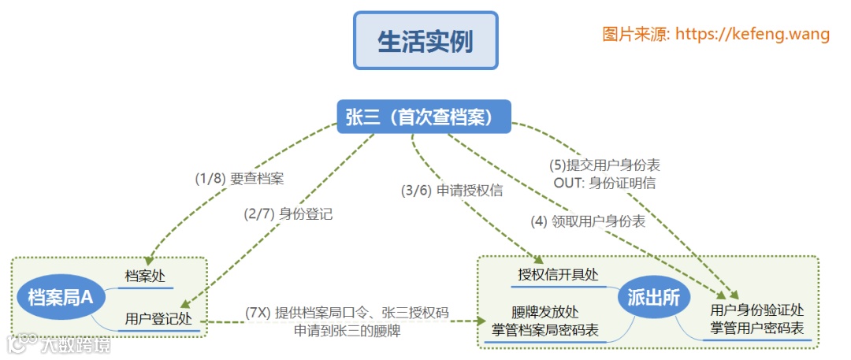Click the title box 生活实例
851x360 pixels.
425,41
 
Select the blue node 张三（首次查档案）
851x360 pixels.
424,117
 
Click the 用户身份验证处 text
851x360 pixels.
756,310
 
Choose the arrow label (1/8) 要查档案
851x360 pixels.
239,178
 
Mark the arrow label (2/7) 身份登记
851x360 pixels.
288,213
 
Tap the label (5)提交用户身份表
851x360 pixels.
604,165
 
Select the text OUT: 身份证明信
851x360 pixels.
604,183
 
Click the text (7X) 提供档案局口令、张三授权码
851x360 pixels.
347,313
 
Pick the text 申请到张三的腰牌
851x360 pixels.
347,331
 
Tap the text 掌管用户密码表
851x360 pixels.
756,328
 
